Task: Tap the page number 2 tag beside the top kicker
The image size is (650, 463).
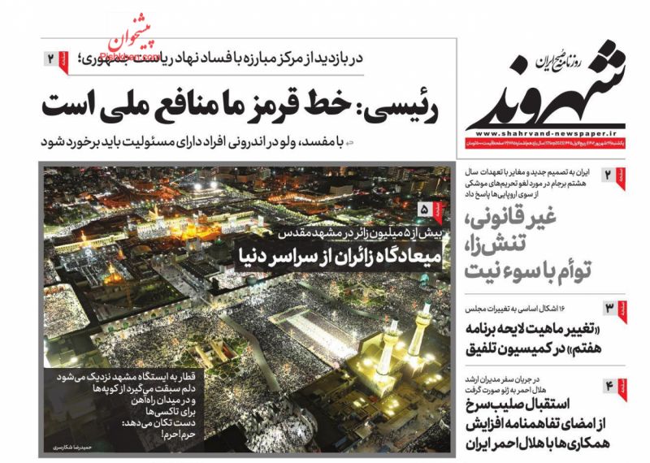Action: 53,58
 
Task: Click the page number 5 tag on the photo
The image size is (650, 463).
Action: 425,210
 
